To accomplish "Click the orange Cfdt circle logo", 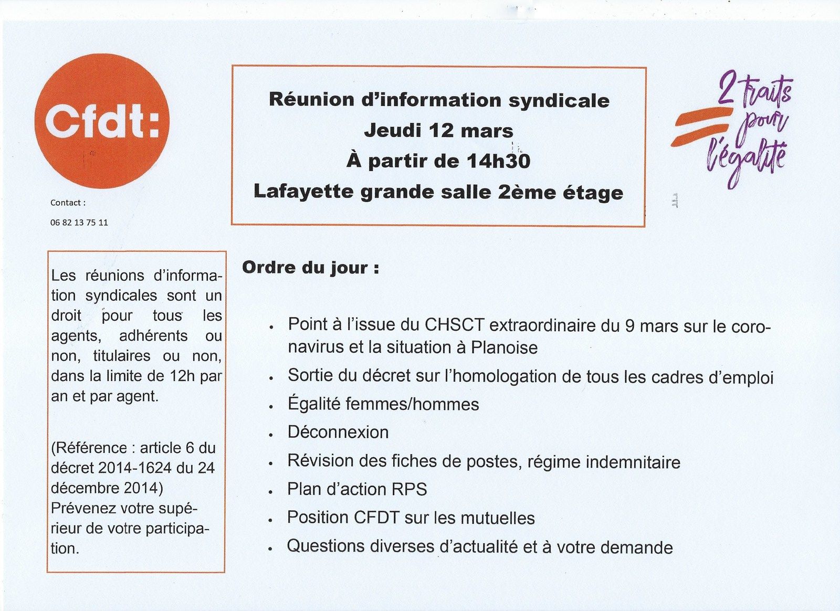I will [102, 121].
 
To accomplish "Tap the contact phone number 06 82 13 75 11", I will [79, 223].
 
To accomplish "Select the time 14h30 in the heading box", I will [498, 161].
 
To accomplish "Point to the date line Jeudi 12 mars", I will [438, 130].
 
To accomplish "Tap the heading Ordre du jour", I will [310, 268].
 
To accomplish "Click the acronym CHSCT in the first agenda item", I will [454, 325].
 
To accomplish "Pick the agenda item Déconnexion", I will [338, 432].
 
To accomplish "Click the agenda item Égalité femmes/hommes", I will [383, 404].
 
